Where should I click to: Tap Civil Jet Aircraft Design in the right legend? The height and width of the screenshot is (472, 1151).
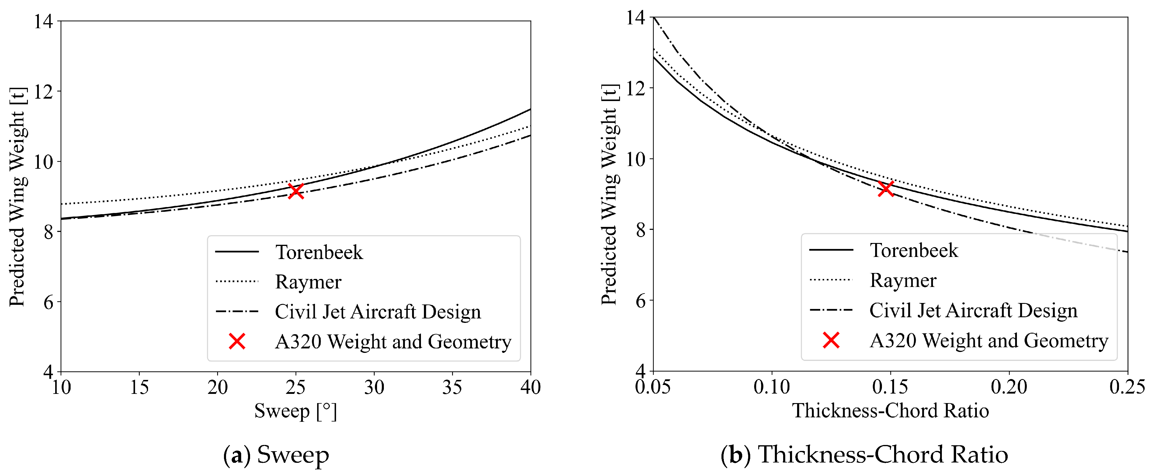pos(973,310)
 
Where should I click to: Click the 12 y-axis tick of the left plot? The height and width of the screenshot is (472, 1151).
pos(44,92)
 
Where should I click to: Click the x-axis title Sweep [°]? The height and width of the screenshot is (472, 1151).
pos(295,411)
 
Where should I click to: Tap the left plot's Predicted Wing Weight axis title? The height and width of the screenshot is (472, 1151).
pos(18,197)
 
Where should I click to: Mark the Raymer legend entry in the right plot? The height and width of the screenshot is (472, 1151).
pos(903,280)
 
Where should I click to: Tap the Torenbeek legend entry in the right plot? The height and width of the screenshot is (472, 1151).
pos(914,250)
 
